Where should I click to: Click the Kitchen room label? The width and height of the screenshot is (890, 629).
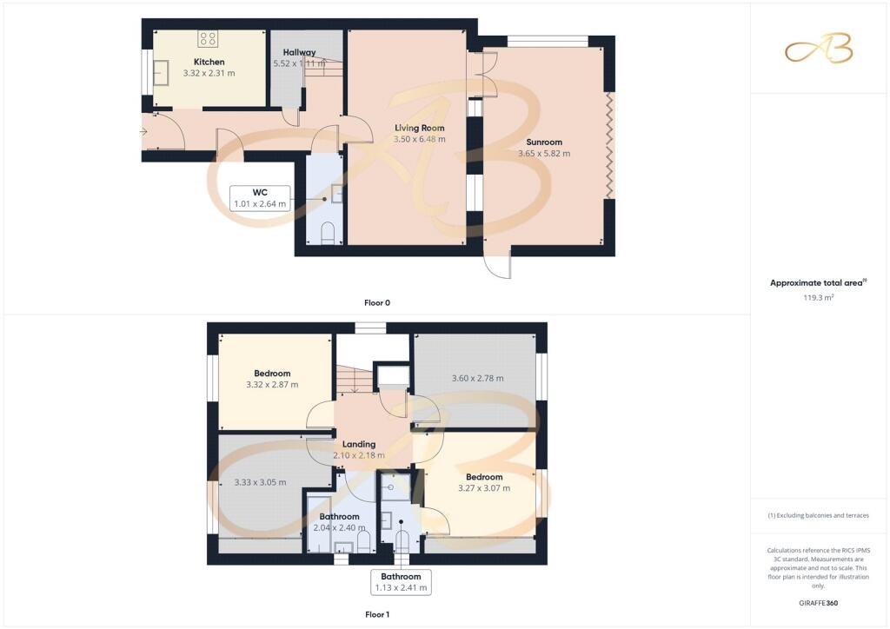pos(209,62)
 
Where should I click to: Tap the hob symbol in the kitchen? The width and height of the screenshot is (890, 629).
pos(208,38)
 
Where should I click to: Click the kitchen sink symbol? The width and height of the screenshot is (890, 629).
pos(161,73)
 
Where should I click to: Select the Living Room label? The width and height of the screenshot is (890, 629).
pos(420,129)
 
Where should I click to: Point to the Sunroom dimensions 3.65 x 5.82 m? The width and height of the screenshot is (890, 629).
pos(544,153)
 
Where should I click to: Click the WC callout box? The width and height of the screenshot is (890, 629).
pos(260,198)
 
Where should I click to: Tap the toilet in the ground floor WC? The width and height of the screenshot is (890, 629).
pos(328,233)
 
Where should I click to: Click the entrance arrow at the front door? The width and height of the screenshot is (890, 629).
pos(143,131)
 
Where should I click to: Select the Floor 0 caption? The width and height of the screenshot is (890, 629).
pos(377,303)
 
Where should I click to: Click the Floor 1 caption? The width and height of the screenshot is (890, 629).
pos(377,614)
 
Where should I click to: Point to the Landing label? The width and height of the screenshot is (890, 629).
pos(359,444)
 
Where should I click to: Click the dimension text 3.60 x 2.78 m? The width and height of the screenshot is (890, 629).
pos(477,378)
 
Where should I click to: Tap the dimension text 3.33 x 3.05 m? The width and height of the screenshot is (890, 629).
pos(260,482)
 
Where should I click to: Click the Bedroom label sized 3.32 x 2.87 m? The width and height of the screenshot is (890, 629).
pos(272,374)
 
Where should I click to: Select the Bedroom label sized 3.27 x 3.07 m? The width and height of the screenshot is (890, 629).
pos(484,477)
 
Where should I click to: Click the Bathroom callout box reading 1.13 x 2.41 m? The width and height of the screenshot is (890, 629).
pos(401,582)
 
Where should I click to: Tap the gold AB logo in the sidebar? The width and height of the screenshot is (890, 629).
pos(819,48)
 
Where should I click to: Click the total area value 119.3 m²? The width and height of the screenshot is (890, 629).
pos(819,297)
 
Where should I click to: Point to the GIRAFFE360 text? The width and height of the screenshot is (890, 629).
pos(819,603)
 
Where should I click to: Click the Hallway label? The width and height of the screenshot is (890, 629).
pos(299,52)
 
